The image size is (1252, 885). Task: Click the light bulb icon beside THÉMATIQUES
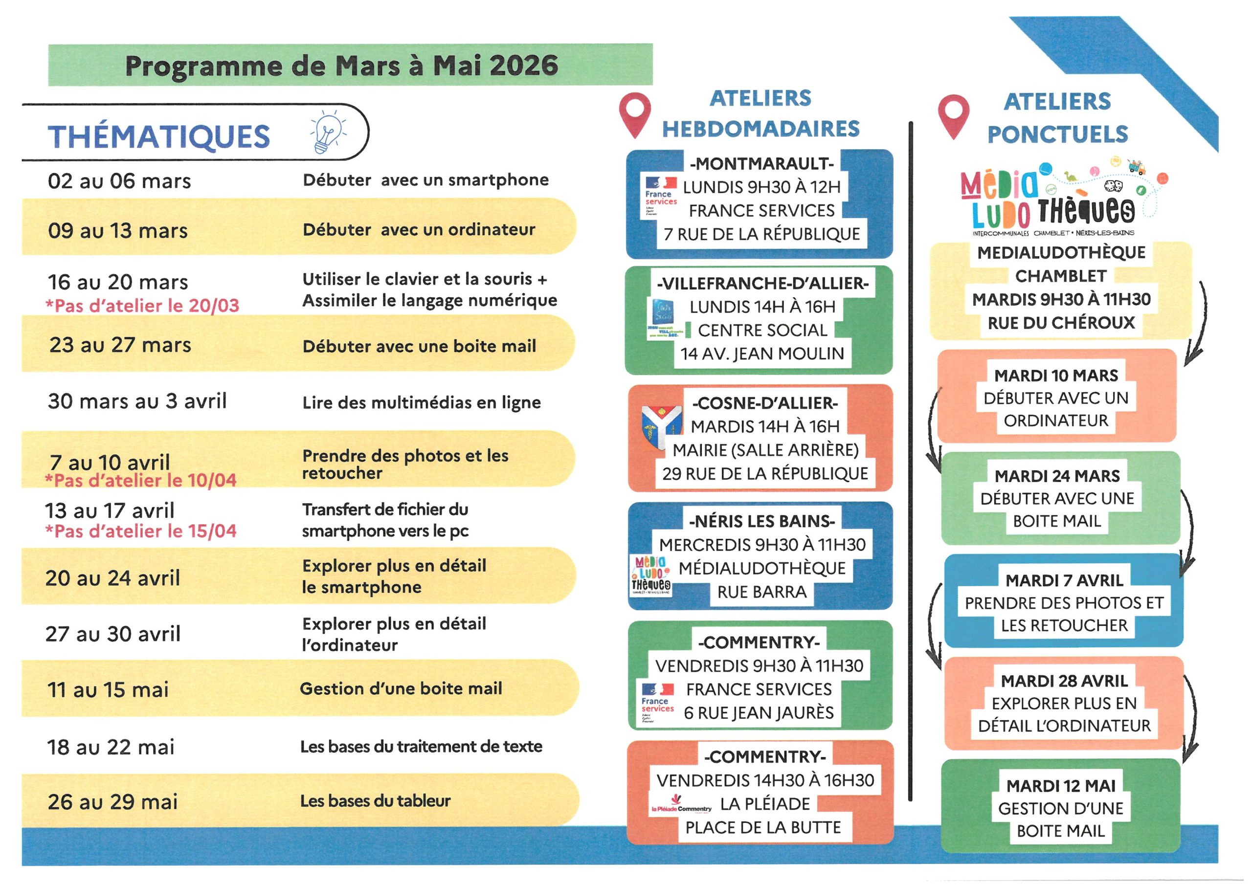[x=328, y=132]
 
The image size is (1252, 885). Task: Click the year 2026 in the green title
[x=523, y=66]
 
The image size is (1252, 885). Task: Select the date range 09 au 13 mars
[x=118, y=231]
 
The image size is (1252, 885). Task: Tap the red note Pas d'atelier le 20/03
[x=142, y=306]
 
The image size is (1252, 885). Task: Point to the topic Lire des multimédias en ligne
[x=422, y=402]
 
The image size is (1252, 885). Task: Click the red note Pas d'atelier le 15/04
[x=141, y=531]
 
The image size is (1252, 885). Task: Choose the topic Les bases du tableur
[x=375, y=800]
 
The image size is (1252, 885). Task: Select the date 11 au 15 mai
[x=108, y=690]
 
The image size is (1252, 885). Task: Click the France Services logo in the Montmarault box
[x=660, y=198]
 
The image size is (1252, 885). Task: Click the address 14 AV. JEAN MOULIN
[x=762, y=354]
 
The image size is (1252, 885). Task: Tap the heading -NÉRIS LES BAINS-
[x=762, y=521]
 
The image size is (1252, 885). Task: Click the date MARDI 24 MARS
[x=1057, y=475]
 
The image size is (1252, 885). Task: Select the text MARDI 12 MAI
[x=1061, y=785]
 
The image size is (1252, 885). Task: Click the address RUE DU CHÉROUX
[x=1061, y=322]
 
